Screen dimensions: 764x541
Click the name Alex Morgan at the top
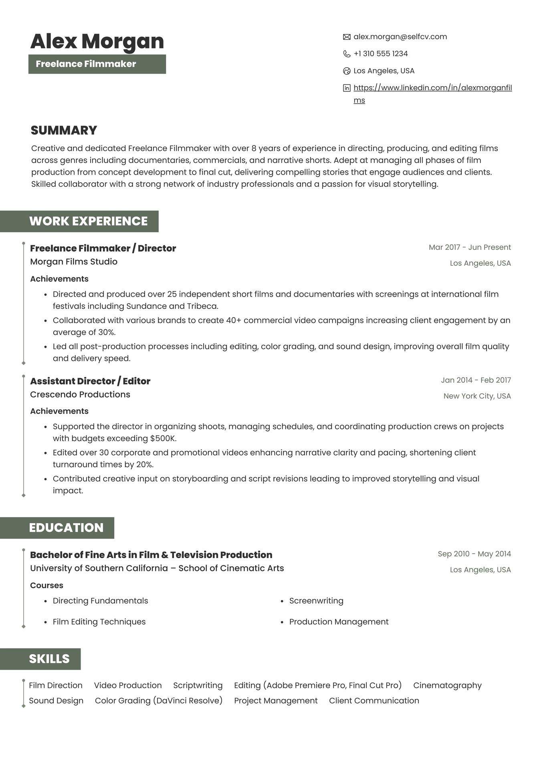click(x=97, y=41)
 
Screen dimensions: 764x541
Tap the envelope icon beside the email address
click(x=347, y=37)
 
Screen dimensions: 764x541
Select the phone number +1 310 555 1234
click(x=380, y=54)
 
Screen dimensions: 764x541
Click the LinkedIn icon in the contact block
click(x=347, y=88)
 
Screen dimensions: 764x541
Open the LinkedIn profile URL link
click(x=432, y=88)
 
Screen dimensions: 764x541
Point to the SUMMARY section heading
click(x=64, y=130)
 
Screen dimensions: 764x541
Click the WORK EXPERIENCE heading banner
click(x=88, y=221)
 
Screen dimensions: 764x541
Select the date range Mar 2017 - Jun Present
click(x=470, y=247)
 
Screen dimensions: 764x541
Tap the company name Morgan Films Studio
click(x=74, y=262)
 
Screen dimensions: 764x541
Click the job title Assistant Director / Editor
click(x=90, y=381)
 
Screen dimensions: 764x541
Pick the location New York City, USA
click(x=477, y=396)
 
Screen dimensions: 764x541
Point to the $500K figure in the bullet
click(x=163, y=438)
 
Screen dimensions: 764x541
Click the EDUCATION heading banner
click(x=66, y=528)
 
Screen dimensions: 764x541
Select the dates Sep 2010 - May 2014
click(x=474, y=554)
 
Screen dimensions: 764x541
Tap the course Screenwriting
click(x=316, y=601)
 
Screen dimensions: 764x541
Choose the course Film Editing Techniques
click(x=99, y=621)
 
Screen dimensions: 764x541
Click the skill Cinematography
click(x=447, y=685)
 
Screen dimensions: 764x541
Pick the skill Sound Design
click(x=56, y=700)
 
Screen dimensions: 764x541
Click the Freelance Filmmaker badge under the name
click(x=97, y=64)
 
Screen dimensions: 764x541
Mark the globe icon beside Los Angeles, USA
click(x=347, y=71)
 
